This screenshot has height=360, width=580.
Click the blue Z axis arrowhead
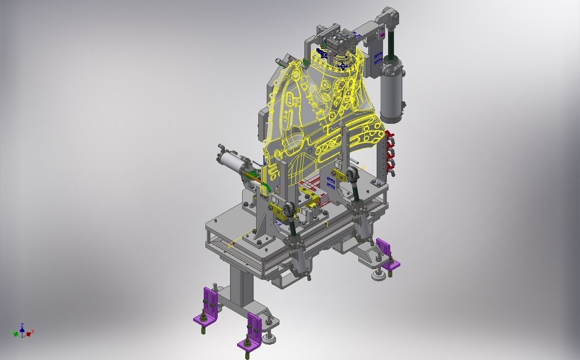pos(22,325)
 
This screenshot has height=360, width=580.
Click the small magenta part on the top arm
pos(383,35)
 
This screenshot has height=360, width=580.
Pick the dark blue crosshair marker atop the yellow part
pos(342,65)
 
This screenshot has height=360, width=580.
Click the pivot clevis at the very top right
pos(389,17)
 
